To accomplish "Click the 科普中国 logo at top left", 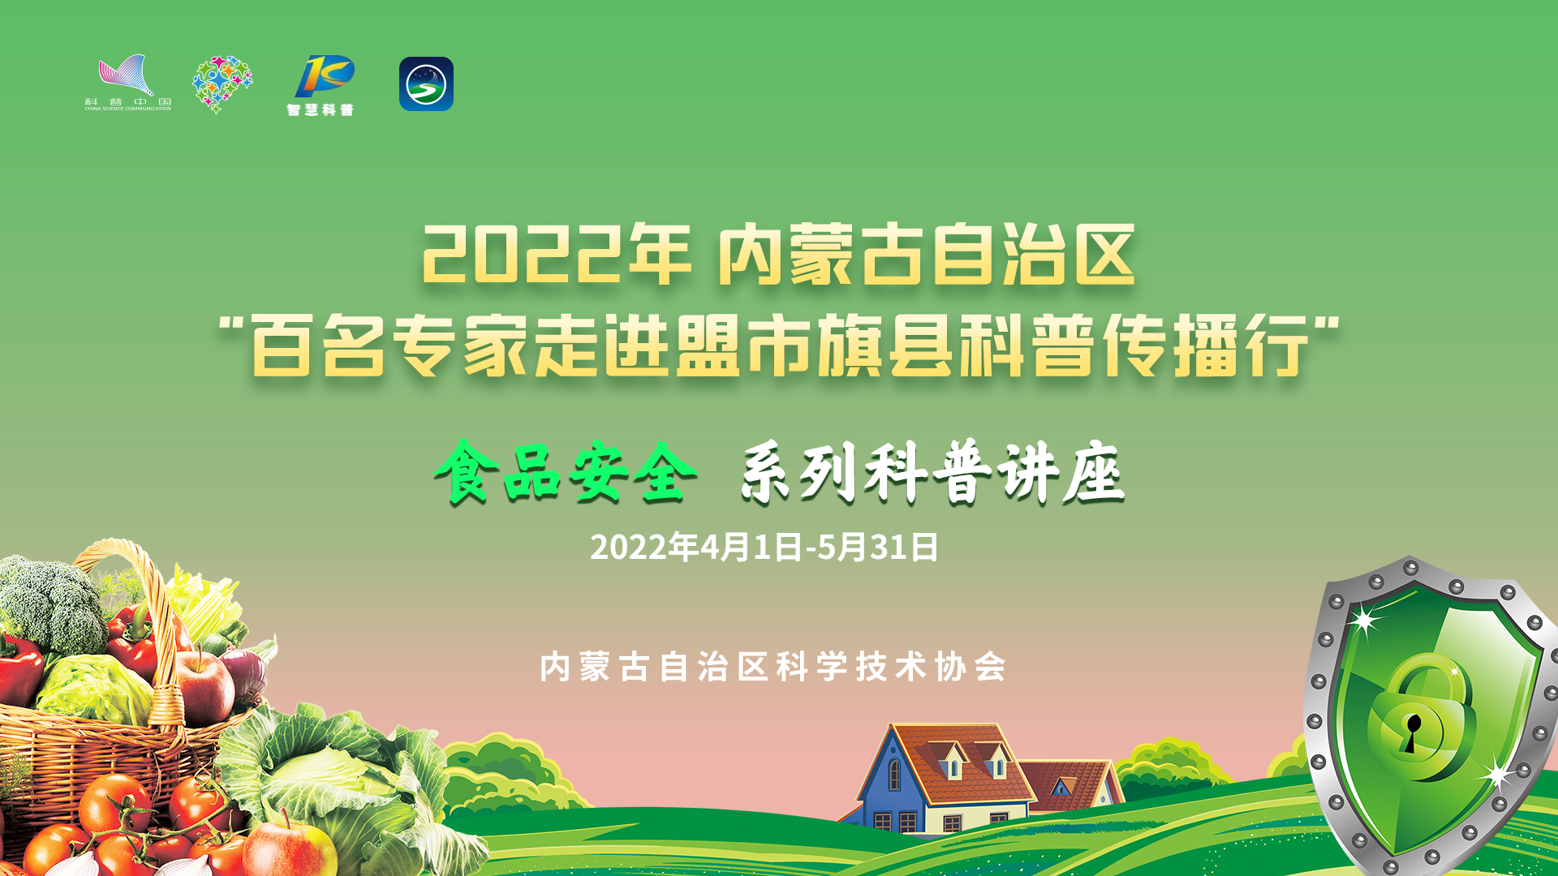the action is tap(127, 83).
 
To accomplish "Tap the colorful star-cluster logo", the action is tap(222, 84).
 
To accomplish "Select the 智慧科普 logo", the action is tap(321, 86).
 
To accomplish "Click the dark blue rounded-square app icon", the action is tap(426, 84).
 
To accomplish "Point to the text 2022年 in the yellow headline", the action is tap(556, 255).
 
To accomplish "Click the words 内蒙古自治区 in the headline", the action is tap(927, 255).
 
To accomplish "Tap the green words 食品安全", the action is tap(566, 472).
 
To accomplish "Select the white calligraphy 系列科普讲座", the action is tap(932, 472).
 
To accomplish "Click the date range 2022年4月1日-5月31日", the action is tap(764, 547).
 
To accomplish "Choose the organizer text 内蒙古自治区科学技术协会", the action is tap(773, 667).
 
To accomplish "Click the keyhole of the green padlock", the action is tap(1413, 731).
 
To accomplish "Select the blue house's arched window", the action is tap(894, 774).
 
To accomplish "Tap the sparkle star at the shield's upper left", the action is tap(1366, 621).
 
